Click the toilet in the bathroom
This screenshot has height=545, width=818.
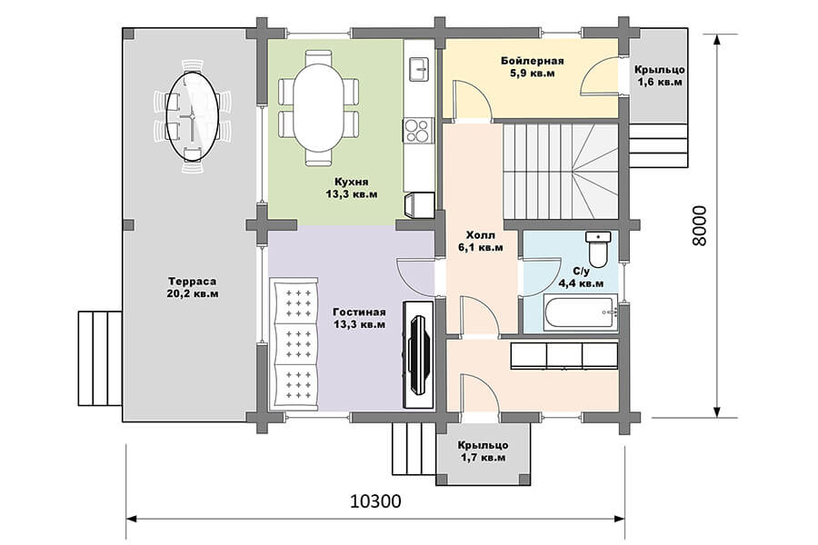pyautogui.click(x=598, y=249)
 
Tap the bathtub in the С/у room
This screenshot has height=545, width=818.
pyautogui.click(x=580, y=312)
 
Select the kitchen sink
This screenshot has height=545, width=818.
pyautogui.click(x=419, y=69)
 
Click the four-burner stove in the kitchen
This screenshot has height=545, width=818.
pyautogui.click(x=418, y=131)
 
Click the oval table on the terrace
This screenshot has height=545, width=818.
pyautogui.click(x=192, y=115)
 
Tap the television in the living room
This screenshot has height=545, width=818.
pyautogui.click(x=417, y=354)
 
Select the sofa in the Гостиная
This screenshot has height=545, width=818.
pyautogui.click(x=294, y=343)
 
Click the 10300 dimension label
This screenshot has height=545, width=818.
pyautogui.click(x=375, y=501)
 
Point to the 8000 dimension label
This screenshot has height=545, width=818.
pyautogui.click(x=700, y=225)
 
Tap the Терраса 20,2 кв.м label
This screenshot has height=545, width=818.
pyautogui.click(x=193, y=287)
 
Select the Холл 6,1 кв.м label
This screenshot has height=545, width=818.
pyautogui.click(x=481, y=241)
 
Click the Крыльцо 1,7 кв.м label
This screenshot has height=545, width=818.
pyautogui.click(x=484, y=451)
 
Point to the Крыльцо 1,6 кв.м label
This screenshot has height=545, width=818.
pyautogui.click(x=660, y=75)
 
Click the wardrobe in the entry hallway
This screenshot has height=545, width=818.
pyautogui.click(x=564, y=356)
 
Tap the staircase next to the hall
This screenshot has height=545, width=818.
pyautogui.click(x=561, y=171)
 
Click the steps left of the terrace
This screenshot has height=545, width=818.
pyautogui.click(x=100, y=358)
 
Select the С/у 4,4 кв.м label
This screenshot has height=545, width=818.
pyautogui.click(x=581, y=277)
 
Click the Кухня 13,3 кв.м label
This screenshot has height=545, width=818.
pyautogui.click(x=352, y=188)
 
